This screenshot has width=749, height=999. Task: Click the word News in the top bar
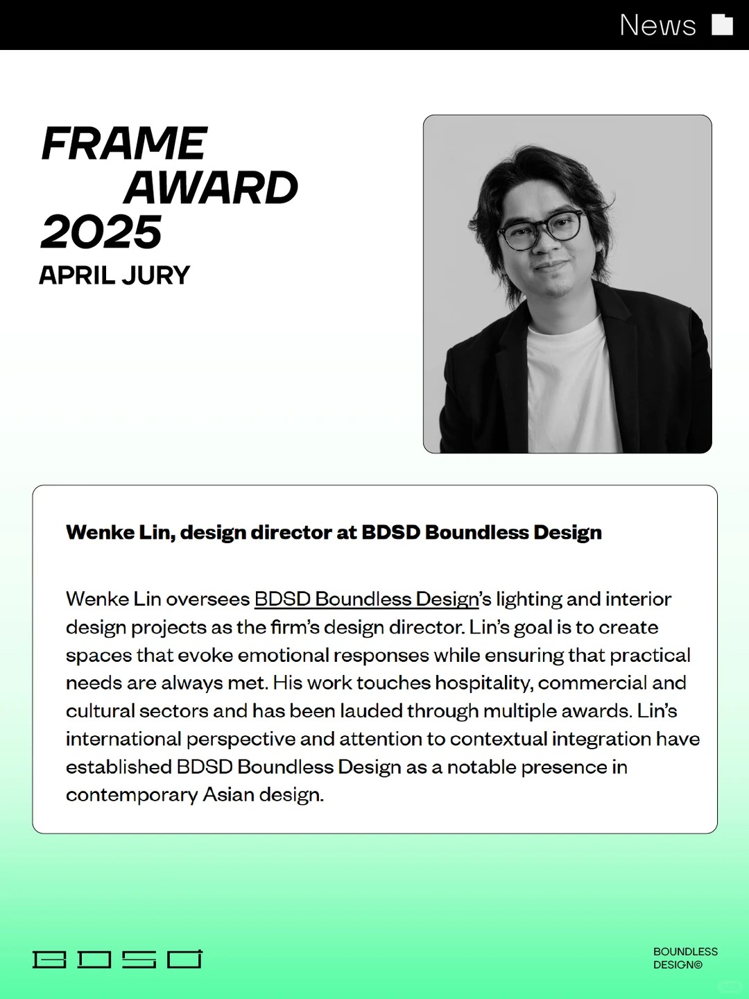(x=657, y=24)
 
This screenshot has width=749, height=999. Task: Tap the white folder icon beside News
(x=722, y=24)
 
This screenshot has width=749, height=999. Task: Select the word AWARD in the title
(x=211, y=187)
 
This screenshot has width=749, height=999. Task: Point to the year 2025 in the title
(x=101, y=232)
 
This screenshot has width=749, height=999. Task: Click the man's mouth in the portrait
(x=552, y=266)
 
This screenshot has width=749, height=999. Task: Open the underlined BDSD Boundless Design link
(x=366, y=599)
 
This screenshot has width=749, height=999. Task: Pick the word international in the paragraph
(x=123, y=739)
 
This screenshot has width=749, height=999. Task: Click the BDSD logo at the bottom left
(x=117, y=959)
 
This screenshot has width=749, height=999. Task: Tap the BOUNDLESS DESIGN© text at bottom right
(x=685, y=958)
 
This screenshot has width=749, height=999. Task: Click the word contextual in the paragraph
(x=499, y=739)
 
